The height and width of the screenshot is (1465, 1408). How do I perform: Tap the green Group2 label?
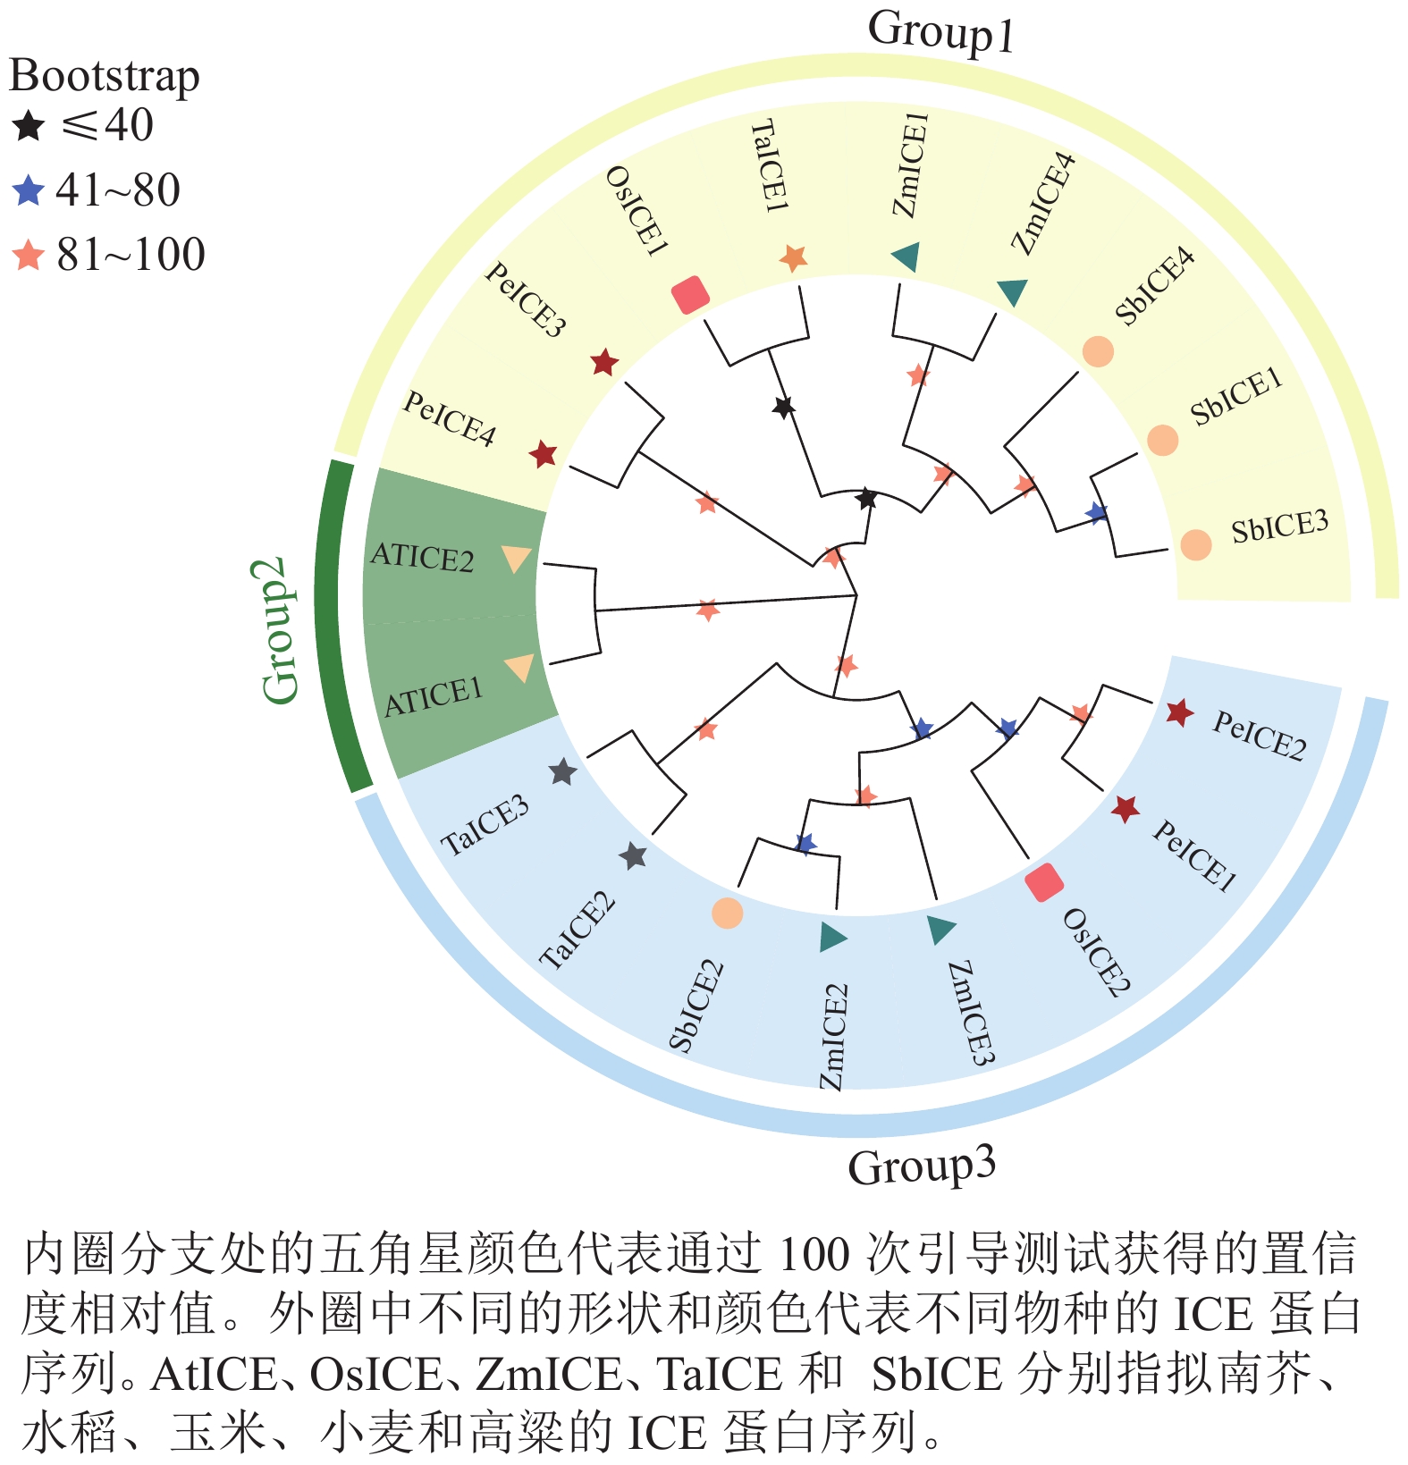pyautogui.click(x=279, y=629)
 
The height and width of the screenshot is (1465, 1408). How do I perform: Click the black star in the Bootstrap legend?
pyautogui.click(x=29, y=126)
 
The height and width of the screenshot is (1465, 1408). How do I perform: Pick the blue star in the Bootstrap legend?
pyautogui.click(x=29, y=190)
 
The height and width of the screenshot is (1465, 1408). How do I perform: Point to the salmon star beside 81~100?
pyautogui.click(x=29, y=256)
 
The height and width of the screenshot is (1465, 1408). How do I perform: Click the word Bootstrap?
pyautogui.click(x=104, y=76)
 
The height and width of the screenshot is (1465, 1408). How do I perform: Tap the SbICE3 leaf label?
pyautogui.click(x=1279, y=526)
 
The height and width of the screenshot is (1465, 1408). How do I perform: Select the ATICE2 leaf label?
pyautogui.click(x=422, y=557)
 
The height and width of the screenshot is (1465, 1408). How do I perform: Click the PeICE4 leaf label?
pyautogui.click(x=449, y=418)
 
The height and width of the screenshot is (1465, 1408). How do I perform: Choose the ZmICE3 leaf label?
pyautogui.click(x=971, y=1014)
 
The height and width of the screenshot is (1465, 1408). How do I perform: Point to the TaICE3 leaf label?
pyautogui.click(x=485, y=826)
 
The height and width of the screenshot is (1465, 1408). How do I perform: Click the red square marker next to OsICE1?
pyautogui.click(x=690, y=294)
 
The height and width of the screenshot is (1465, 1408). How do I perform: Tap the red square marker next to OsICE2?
pyautogui.click(x=1043, y=882)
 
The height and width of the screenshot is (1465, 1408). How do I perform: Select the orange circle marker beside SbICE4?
pyautogui.click(x=1098, y=351)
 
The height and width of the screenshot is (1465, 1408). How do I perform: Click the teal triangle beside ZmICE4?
pyautogui.click(x=1013, y=290)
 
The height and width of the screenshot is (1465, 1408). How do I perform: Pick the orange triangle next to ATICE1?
pyautogui.click(x=519, y=668)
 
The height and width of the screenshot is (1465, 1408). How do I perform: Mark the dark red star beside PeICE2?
pyautogui.click(x=1180, y=712)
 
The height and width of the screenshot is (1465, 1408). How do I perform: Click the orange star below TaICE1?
pyautogui.click(x=793, y=258)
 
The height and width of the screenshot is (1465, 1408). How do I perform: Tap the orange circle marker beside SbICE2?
pyautogui.click(x=727, y=913)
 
